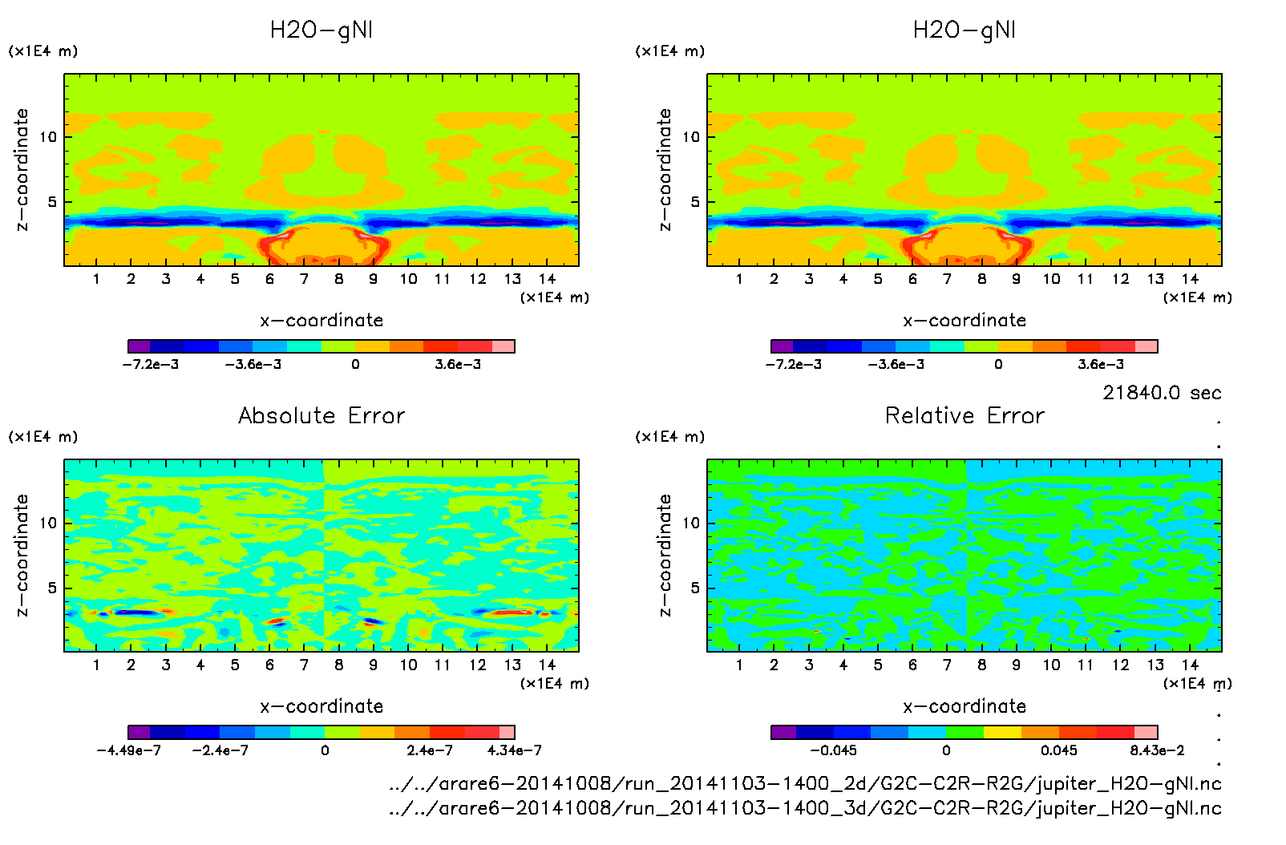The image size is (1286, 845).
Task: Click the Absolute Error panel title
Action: [x=321, y=415]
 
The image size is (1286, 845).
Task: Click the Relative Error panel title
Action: [x=964, y=415]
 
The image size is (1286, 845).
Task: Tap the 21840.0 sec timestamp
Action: [x=1162, y=393]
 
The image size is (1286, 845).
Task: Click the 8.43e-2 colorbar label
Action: [x=1157, y=750]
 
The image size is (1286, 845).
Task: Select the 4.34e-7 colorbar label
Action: [x=514, y=750]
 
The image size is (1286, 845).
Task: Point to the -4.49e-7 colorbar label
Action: [x=128, y=750]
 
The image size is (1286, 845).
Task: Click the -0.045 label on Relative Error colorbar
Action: [x=833, y=750]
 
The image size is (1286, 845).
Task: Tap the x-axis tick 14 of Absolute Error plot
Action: [x=547, y=665]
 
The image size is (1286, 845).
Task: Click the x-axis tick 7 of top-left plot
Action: [x=304, y=279]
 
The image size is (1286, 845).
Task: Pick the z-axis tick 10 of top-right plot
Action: [x=691, y=137]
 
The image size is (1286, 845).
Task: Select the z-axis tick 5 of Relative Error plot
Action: [x=694, y=588]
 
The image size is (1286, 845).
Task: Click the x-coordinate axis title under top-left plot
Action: [x=321, y=321]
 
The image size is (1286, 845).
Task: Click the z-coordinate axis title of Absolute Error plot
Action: [x=22, y=555]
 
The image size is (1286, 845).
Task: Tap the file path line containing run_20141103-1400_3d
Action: [x=805, y=808]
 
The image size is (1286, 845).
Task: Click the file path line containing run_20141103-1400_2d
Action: [x=805, y=783]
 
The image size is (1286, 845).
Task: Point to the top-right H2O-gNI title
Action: [x=964, y=30]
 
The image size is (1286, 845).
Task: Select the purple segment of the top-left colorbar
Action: [x=139, y=346]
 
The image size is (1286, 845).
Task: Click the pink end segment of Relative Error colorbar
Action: [x=1146, y=732]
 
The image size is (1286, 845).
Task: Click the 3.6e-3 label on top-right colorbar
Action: [x=1101, y=364]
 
